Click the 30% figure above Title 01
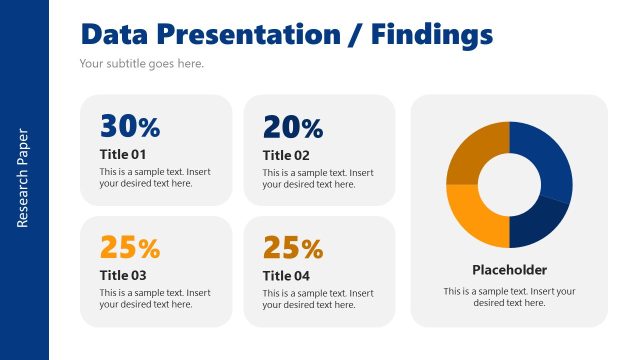129,127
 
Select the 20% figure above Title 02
292,127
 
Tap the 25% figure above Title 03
129,247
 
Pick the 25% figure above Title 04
292,247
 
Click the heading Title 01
123,154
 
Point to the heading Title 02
286,154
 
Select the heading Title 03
123,275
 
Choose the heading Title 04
286,275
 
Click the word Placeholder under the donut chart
509,270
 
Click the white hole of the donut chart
509,185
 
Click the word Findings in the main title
431,35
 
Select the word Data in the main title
115,35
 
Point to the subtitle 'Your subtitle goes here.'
141,64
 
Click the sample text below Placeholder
509,297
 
